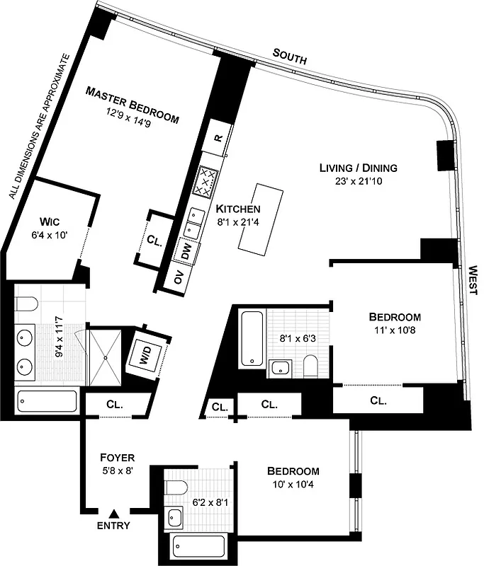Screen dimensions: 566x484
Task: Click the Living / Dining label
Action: pyautogui.click(x=357, y=168)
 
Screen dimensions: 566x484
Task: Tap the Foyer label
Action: pyautogui.click(x=117, y=457)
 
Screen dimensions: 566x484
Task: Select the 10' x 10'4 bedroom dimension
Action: pyautogui.click(x=293, y=485)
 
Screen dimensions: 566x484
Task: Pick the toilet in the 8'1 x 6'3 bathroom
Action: pyautogui.click(x=310, y=364)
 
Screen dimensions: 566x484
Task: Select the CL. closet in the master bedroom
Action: pyautogui.click(x=154, y=239)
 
